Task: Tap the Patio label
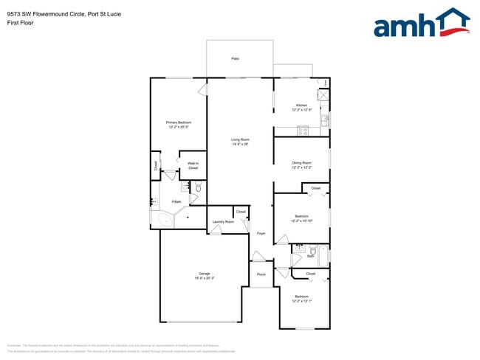point(235,58)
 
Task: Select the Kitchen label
point(301,105)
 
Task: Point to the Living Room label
point(240,139)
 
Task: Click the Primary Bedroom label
point(178,122)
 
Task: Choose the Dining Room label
point(301,163)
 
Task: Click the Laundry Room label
point(223,221)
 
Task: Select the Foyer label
point(261,233)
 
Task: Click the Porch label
point(261,274)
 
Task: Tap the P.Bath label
point(176,201)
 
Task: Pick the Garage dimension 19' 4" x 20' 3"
point(199,278)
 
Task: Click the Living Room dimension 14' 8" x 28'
point(240,144)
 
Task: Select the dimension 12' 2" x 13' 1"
point(301,301)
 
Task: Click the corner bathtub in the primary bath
point(163,219)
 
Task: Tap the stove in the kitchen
point(302,131)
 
